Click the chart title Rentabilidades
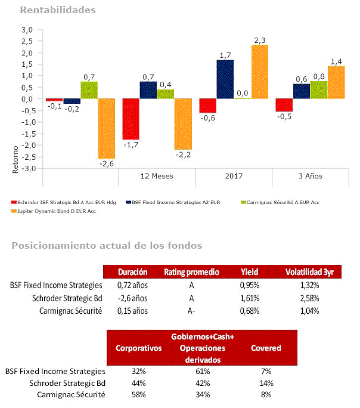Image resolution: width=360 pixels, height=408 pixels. point(58,10)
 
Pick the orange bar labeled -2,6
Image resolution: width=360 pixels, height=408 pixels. point(106,128)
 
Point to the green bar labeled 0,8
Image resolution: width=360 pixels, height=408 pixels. point(319,89)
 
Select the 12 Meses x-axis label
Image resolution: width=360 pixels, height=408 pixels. point(157,177)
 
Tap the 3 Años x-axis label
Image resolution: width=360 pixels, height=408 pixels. point(310,177)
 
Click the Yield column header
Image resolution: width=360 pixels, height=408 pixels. point(251,272)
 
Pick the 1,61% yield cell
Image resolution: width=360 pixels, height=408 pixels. point(251,298)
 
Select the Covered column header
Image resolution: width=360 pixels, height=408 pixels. point(266,348)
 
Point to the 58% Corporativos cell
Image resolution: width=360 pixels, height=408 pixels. point(139,394)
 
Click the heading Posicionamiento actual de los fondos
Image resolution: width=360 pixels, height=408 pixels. point(107,246)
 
